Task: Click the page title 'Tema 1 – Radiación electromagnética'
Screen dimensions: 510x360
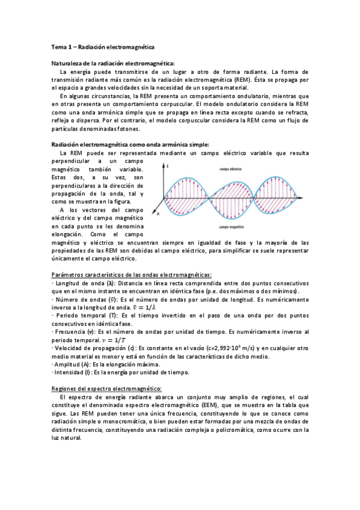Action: pos(102,46)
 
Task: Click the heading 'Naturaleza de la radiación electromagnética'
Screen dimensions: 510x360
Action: pos(112,64)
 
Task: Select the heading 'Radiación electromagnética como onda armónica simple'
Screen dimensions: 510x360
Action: pos(130,144)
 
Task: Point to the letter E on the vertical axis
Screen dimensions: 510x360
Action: pos(168,165)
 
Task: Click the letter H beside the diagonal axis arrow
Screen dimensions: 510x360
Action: pos(157,213)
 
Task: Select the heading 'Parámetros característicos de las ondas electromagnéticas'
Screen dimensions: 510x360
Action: pos(132,275)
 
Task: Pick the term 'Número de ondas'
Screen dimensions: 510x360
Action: pos(79,299)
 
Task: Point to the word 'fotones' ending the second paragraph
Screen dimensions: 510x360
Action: pos(127,129)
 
